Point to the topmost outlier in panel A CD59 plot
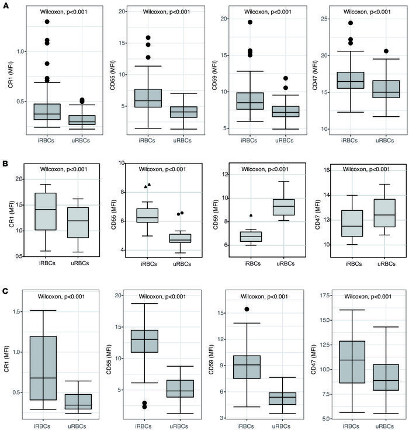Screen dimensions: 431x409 tap(249, 22)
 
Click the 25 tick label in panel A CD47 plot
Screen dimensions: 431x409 tap(337, 19)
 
